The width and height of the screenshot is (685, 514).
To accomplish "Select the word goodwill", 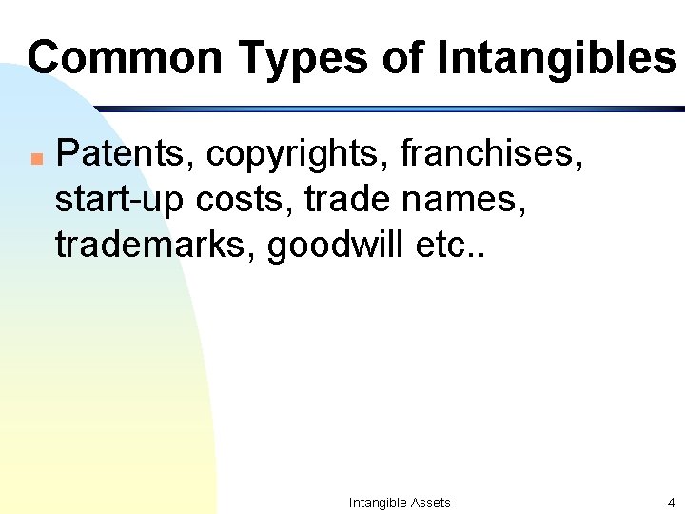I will point(337,245).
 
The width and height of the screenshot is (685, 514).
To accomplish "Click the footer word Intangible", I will point(378,503).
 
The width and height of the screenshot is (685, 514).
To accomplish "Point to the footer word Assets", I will point(431,503).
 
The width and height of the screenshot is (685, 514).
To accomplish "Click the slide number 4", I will point(671,503).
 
